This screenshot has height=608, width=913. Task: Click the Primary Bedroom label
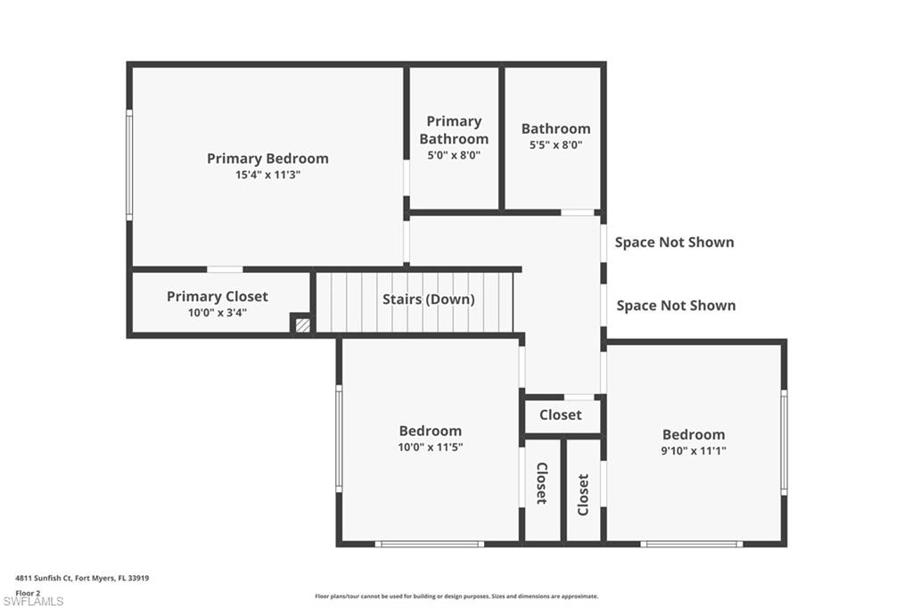tap(267, 159)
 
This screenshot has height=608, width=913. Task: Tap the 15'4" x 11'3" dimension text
tap(267, 176)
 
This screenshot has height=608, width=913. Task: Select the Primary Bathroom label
tap(454, 130)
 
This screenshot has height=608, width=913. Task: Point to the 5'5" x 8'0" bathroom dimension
tap(555, 145)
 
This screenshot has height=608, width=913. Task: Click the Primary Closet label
tap(217, 297)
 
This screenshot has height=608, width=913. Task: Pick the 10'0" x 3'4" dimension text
tap(217, 313)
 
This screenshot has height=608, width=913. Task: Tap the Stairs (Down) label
tap(428, 300)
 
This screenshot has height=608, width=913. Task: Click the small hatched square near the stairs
tap(303, 325)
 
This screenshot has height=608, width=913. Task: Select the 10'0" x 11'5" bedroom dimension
tap(430, 448)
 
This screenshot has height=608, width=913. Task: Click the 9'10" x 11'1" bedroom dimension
tap(694, 451)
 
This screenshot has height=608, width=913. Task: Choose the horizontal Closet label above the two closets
tap(560, 415)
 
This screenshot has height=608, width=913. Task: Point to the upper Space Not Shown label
tap(674, 242)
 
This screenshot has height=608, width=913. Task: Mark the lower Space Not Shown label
tap(676, 306)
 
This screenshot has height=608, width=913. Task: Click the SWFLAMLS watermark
tap(33, 601)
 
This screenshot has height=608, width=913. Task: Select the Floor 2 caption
tap(28, 592)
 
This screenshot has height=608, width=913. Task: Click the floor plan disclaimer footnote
tap(456, 596)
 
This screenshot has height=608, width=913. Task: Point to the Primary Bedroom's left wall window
tap(129, 165)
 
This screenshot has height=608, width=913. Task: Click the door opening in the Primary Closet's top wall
tap(225, 269)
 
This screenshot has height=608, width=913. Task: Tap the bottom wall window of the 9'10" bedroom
tap(691, 544)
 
